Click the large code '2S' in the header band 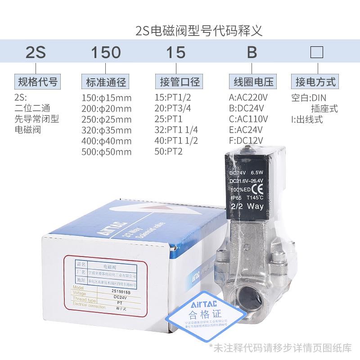click(36, 53)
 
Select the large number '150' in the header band click(106, 53)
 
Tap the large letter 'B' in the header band click(252, 53)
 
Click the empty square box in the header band click(317, 53)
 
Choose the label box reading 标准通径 click(106, 82)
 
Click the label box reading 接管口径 click(180, 82)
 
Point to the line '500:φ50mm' click(107, 152)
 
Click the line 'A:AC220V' click(248, 97)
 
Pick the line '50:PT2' click(169, 152)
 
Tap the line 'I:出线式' click(307, 120)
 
